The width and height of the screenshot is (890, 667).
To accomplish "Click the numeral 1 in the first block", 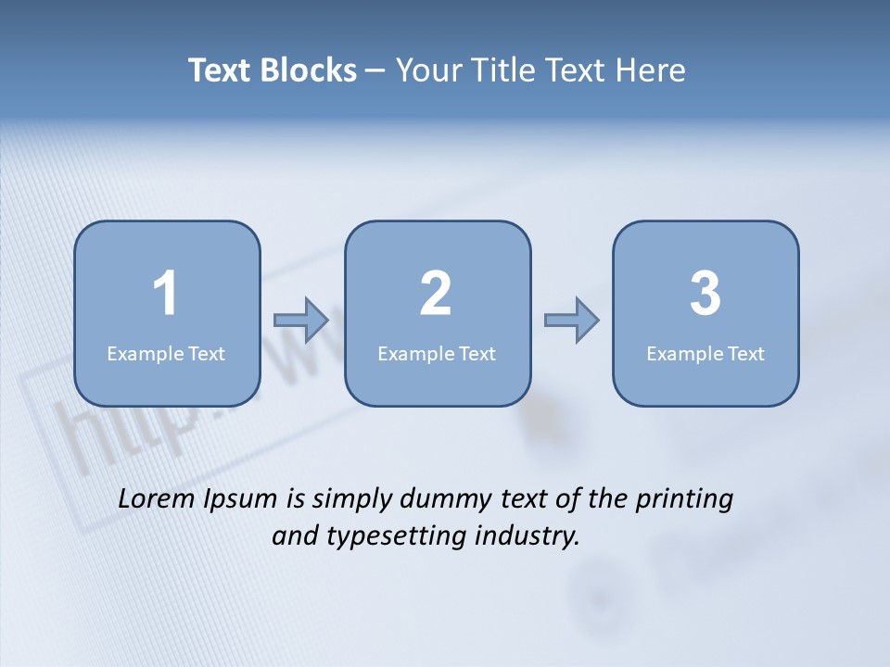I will coord(165,294).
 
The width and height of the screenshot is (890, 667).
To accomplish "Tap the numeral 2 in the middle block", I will coord(436,294).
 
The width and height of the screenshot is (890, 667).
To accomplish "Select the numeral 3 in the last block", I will coord(706,294).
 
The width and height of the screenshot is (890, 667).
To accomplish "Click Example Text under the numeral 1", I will coord(166,353).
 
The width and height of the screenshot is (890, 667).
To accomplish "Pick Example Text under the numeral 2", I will coord(437,353).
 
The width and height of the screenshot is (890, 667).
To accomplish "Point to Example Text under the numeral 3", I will coord(706,353).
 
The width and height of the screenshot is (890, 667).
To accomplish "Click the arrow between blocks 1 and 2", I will coord(301,321).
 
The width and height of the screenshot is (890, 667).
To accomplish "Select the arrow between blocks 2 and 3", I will coord(571,321).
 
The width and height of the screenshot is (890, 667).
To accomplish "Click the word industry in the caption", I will coord(528,536).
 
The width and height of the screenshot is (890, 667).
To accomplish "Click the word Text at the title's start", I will coord(220,70).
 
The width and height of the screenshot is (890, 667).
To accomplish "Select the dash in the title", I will coord(375,71).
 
